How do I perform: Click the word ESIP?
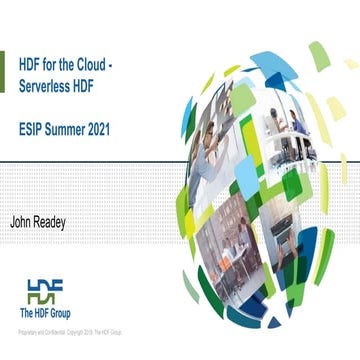tap(31, 129)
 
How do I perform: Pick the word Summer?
tap(67, 129)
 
